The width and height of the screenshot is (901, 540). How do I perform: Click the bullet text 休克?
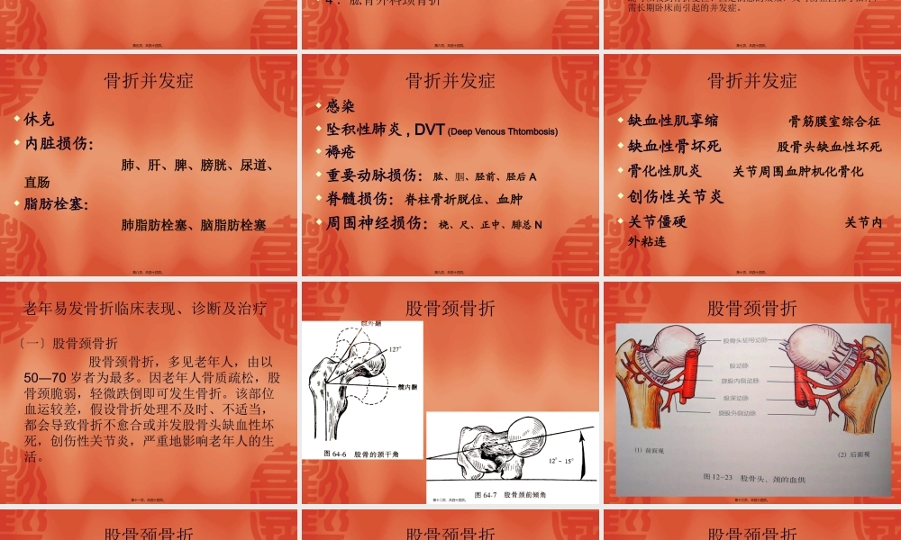pyautogui.click(x=40, y=119)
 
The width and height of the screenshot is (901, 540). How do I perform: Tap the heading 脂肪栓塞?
pyautogui.click(x=57, y=204)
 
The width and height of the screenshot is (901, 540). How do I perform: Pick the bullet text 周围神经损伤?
pyautogui.click(x=378, y=223)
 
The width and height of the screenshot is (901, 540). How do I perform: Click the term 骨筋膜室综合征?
pyautogui.click(x=834, y=121)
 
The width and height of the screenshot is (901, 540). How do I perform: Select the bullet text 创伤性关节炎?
pyautogui.click(x=676, y=195)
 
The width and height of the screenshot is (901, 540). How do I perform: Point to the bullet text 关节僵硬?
pyautogui.click(x=658, y=221)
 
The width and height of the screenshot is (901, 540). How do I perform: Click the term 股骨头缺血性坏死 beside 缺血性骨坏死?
pyautogui.click(x=829, y=146)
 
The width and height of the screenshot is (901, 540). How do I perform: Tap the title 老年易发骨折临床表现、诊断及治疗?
pyautogui.click(x=145, y=309)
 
